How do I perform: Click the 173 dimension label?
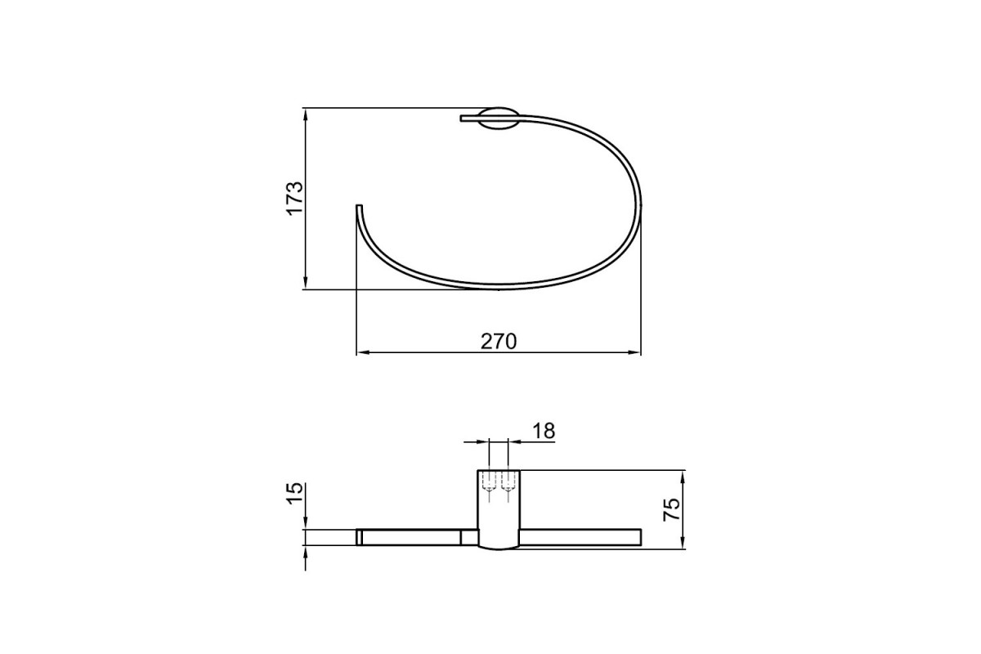pyautogui.click(x=295, y=198)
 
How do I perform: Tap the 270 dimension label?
pyautogui.click(x=499, y=342)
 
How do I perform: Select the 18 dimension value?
pyautogui.click(x=544, y=431)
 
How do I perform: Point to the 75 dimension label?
pyautogui.click(x=671, y=509)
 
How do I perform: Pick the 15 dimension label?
pyautogui.click(x=295, y=494)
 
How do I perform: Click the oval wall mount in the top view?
pyautogui.click(x=499, y=119)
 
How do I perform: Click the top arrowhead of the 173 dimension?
pyautogui.click(x=305, y=114)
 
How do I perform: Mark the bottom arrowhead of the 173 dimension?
pyautogui.click(x=305, y=282)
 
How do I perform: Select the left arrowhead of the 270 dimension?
pyautogui.click(x=364, y=352)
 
